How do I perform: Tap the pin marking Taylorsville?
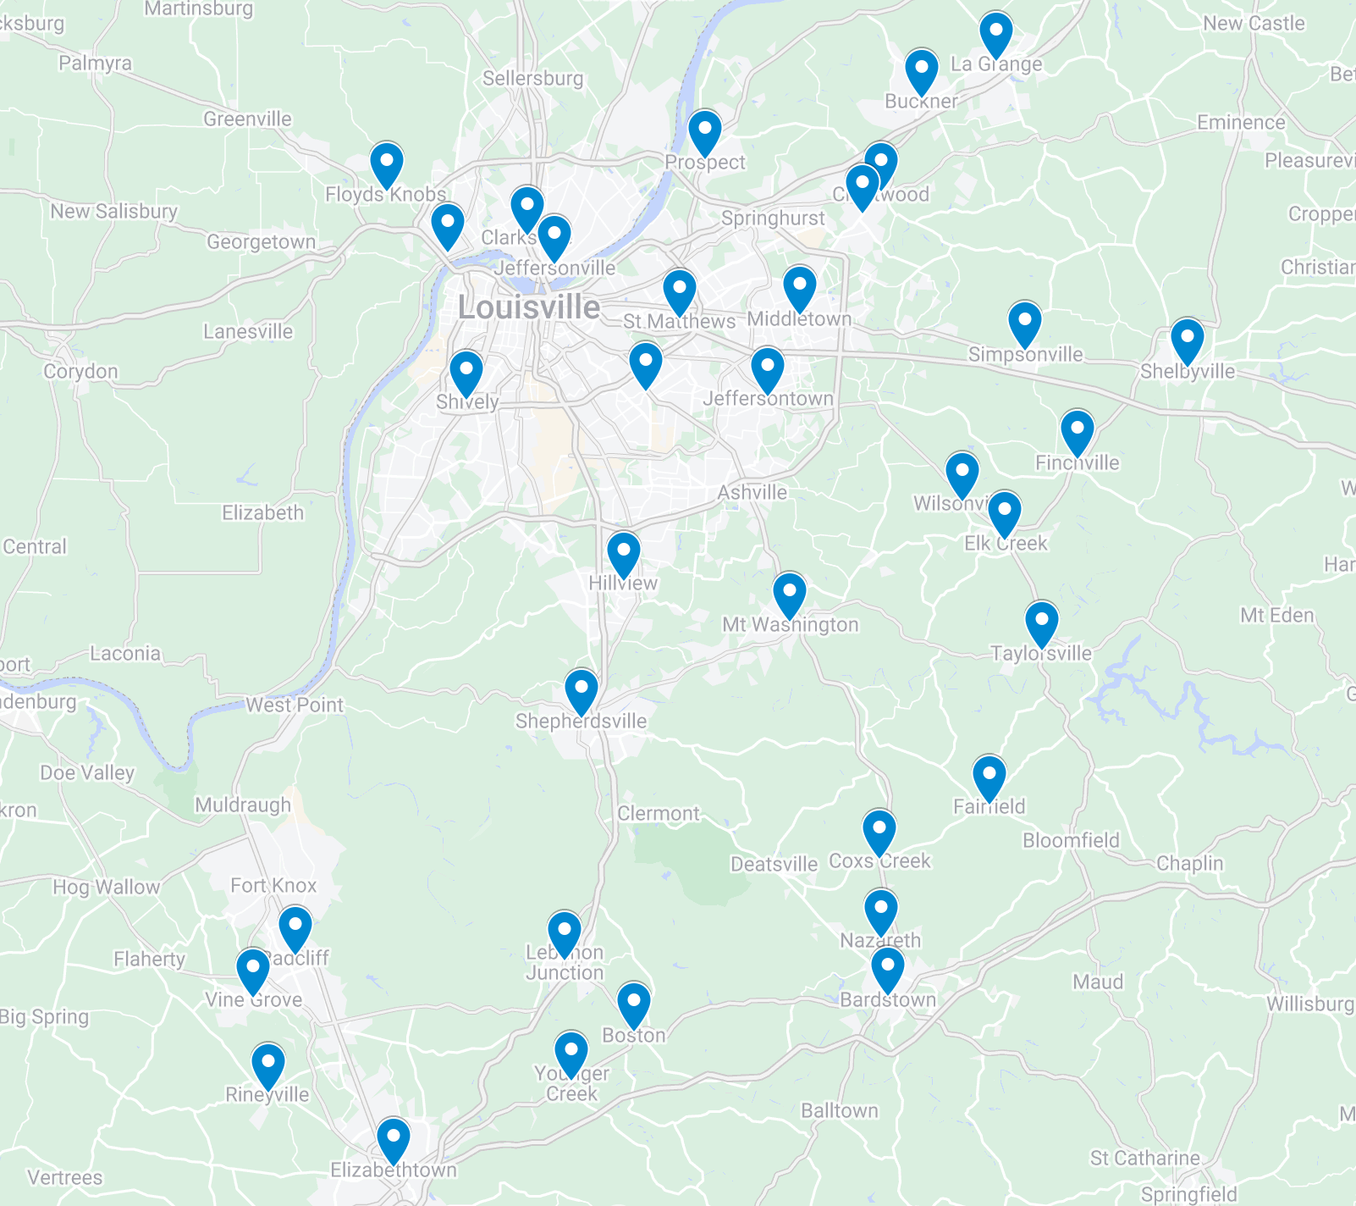click(1041, 624)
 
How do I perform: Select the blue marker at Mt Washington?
click(789, 595)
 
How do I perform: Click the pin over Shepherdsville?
click(582, 691)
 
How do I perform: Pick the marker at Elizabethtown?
click(393, 1140)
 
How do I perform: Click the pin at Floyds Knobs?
click(386, 164)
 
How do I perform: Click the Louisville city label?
click(529, 307)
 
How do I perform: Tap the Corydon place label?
click(80, 371)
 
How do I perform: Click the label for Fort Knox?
click(273, 886)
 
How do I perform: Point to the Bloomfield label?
click(1071, 840)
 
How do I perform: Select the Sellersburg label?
click(532, 79)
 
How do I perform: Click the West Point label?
click(295, 705)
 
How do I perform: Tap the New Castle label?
click(1254, 24)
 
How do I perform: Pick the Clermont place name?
click(659, 814)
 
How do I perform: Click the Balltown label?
click(840, 1110)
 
